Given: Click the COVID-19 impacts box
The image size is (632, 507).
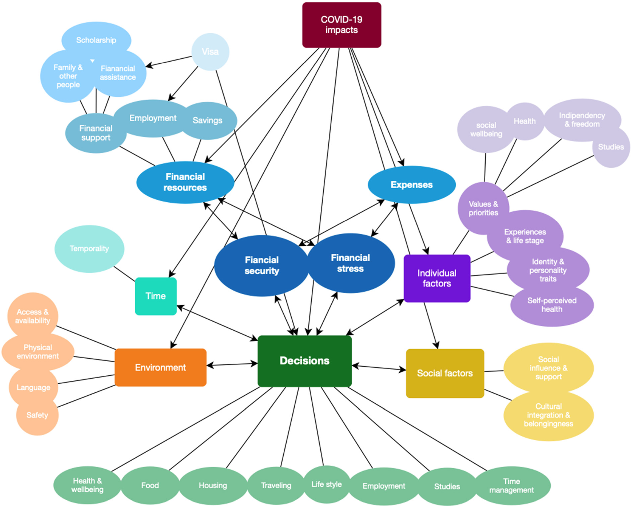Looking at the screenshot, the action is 342,25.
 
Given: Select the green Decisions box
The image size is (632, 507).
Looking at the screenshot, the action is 305,361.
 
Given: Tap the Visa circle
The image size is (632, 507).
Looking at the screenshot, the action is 210,52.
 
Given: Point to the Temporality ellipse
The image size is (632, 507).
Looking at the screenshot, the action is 89,249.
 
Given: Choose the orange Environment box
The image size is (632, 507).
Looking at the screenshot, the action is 161,368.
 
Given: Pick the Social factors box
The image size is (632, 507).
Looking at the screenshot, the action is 445,373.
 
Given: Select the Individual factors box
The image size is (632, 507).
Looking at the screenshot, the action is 437,278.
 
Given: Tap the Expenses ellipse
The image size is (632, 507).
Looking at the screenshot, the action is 412,185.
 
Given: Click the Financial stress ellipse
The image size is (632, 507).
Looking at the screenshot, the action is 351,263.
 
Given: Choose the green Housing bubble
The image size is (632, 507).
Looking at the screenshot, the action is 213,486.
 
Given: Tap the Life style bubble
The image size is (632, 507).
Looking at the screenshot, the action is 327,484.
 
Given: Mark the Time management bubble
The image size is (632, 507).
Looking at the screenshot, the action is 512,486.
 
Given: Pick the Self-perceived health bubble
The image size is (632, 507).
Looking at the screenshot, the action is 552,305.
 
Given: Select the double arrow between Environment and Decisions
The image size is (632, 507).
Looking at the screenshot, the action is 232,365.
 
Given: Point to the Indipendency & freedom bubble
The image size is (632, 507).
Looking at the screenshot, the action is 582,120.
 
